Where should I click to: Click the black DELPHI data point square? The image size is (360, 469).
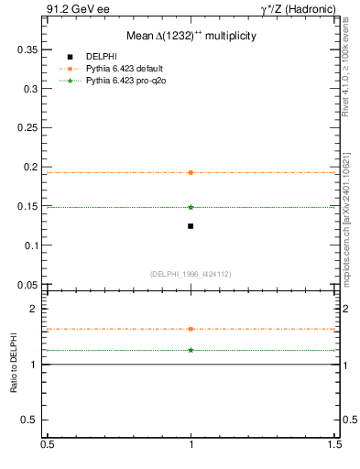tap(191, 225)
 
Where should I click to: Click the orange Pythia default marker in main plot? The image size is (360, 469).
tap(191, 172)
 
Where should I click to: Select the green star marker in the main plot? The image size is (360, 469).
tap(191, 207)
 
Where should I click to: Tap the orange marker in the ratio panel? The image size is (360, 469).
tap(191, 329)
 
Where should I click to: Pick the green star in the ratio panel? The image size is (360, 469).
tap(191, 350)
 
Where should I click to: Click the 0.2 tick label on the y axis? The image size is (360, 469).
tap(31, 167)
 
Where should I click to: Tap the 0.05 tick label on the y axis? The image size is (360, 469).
tap(28, 285)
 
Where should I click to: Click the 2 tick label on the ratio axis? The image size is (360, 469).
tap(36, 309)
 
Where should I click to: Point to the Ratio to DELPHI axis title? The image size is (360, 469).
tap(15, 365)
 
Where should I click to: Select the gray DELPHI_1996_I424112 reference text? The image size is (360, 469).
tap(191, 274)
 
